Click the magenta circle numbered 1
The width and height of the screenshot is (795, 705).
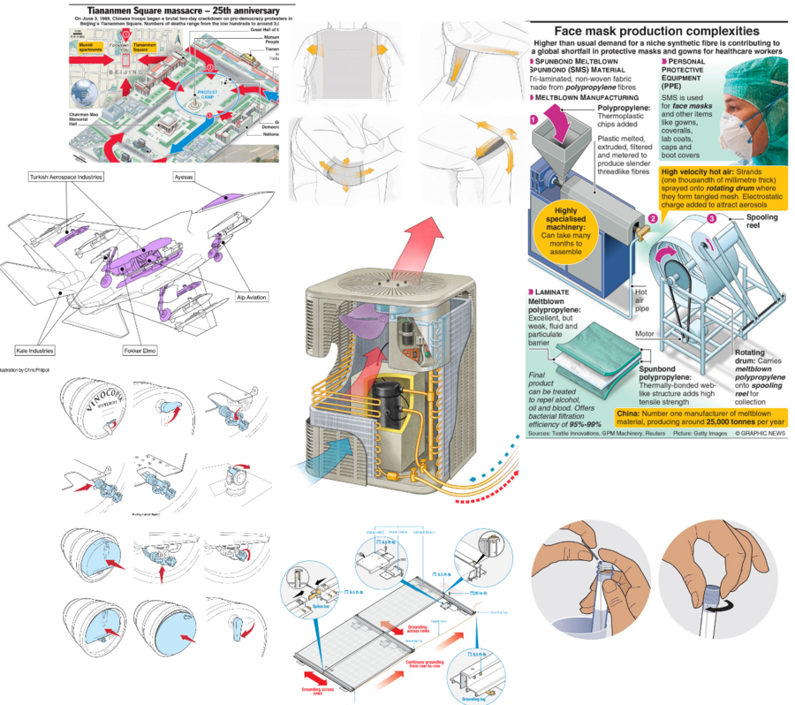[x=534, y=118]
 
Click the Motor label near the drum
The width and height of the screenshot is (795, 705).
[x=644, y=334]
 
